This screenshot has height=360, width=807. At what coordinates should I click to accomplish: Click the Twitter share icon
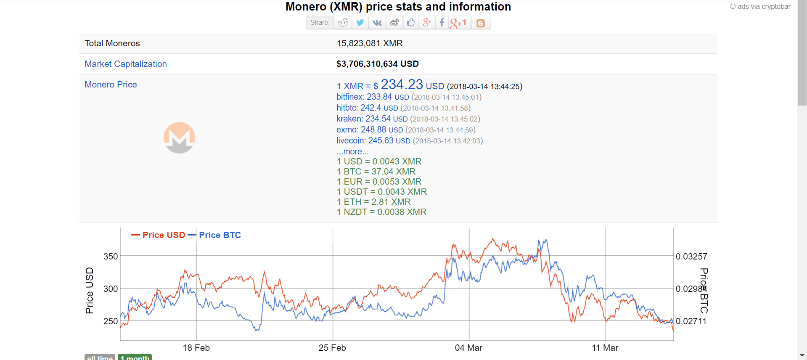[360, 23]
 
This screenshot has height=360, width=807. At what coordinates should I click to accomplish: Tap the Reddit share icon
[343, 23]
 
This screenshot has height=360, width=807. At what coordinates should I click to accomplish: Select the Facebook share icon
[442, 23]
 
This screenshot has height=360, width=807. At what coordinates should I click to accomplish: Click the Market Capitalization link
[126, 64]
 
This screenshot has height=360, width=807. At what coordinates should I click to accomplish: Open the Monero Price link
[111, 85]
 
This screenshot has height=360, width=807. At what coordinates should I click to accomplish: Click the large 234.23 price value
[402, 85]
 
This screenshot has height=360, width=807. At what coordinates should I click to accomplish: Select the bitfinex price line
[408, 97]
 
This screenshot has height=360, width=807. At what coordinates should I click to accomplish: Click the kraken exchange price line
[408, 119]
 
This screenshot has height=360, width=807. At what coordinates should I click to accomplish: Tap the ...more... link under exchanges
[352, 151]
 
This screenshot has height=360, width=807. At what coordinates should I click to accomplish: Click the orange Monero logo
[179, 138]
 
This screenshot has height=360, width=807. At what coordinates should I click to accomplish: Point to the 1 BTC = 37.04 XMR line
[376, 172]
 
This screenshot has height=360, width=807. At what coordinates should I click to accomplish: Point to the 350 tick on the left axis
[111, 257]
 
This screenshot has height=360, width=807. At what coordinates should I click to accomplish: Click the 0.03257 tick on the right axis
[691, 257]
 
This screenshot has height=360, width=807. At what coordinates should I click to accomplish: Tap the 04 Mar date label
[468, 348]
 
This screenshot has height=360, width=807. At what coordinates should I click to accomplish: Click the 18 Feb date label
[196, 348]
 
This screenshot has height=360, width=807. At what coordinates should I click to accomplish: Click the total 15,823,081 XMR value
[369, 43]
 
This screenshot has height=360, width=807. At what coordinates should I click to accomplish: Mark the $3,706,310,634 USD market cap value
[377, 64]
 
